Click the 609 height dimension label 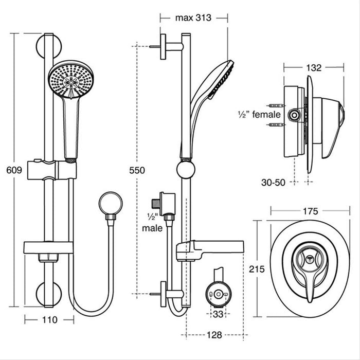point(14,170)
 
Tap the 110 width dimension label point(49,319)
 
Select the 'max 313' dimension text point(194,18)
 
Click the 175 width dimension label point(310,211)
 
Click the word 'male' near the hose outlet point(154,227)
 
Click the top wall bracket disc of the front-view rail point(49,46)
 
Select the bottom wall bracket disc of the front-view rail point(49,294)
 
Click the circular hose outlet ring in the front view point(111,203)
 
